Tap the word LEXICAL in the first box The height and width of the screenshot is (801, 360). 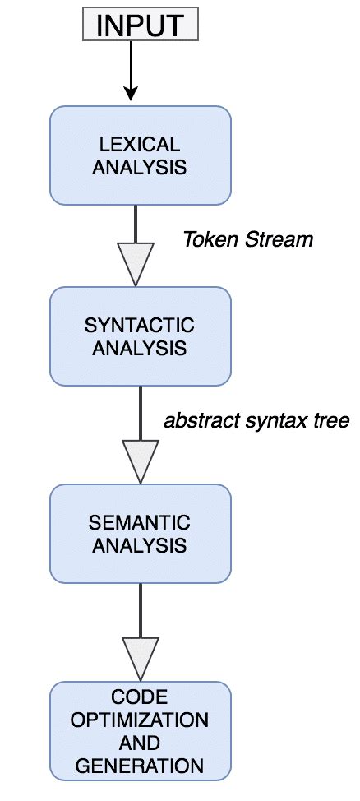(140, 145)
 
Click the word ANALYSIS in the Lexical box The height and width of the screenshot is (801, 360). (140, 167)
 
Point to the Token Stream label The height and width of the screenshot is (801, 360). (247, 239)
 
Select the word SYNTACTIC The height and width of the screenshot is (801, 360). (140, 325)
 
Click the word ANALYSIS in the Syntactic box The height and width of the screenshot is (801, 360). (140, 347)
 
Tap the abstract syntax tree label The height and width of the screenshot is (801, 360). (256, 421)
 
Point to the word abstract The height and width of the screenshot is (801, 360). (195, 421)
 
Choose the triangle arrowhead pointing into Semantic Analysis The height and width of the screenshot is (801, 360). (140, 461)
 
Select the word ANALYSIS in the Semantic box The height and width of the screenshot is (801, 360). (140, 544)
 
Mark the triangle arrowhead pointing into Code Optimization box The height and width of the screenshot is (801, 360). (140, 657)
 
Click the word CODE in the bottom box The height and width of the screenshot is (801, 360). (140, 698)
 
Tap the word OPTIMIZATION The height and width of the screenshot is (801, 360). (140, 720)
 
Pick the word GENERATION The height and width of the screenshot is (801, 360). (140, 766)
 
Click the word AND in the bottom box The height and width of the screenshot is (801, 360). (140, 743)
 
